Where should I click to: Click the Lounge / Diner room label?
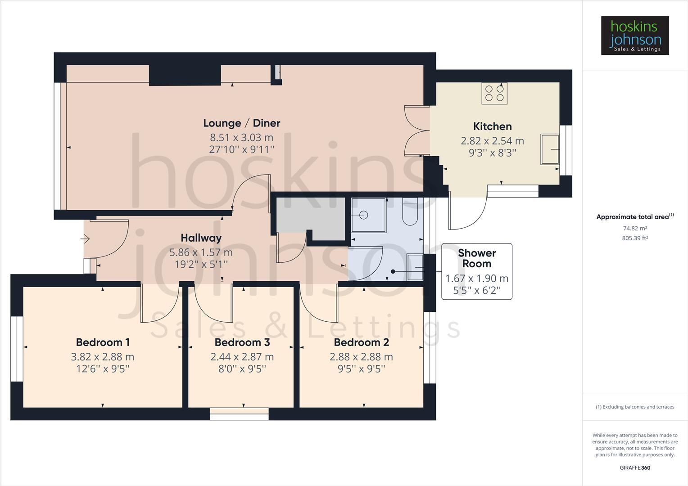click(241, 123)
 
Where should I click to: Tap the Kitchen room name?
click(492, 126)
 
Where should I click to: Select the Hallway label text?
click(201, 238)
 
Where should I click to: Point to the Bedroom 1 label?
click(103, 342)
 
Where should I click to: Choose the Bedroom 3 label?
click(242, 342)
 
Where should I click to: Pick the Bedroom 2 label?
click(361, 342)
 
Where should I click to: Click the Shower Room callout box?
click(476, 271)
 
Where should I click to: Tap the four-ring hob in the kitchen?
click(494, 93)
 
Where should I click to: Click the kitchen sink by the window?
click(550, 149)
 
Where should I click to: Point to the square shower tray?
click(368, 215)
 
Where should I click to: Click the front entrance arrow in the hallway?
click(85, 239)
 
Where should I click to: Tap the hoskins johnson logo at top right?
click(635, 36)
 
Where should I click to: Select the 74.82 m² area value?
click(635, 229)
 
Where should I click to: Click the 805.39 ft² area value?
click(635, 238)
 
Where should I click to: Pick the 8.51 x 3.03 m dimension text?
click(241, 137)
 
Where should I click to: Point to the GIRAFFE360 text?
click(635, 468)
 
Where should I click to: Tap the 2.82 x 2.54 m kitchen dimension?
click(492, 141)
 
